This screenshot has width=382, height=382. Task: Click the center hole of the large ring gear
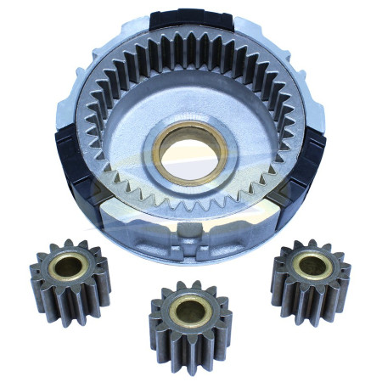188,150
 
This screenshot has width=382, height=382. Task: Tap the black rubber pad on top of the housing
183,20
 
